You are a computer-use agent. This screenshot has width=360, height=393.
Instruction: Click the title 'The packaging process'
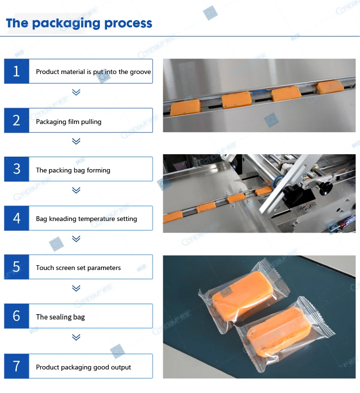[x=79, y=24]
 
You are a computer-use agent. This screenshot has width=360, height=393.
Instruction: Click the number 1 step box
[x=17, y=72]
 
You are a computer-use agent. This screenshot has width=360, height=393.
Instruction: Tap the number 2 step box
[x=17, y=121]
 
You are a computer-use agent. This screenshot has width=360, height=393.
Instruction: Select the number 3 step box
[x=17, y=169]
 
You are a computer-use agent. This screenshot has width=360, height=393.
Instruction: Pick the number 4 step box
[x=17, y=218]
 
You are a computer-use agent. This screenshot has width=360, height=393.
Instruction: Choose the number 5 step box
[x=17, y=267]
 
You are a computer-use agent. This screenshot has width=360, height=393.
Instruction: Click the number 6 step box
[x=17, y=316]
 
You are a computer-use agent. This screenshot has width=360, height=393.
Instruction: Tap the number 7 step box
[x=17, y=366]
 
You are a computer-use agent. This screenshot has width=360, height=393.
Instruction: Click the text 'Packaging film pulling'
[x=69, y=122]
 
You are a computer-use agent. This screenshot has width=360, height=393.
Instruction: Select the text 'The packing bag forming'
[x=73, y=171]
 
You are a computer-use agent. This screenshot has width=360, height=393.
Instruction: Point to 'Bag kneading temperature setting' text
[x=86, y=219]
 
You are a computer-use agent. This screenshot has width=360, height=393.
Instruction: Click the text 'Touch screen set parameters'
[x=78, y=268]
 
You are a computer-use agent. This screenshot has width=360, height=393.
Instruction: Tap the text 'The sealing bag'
[x=60, y=317]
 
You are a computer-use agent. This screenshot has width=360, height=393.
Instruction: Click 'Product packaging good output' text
[x=84, y=368]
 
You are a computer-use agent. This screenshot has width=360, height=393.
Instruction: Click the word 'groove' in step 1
[x=140, y=72]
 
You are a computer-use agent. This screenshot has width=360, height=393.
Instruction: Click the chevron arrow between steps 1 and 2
[x=76, y=92]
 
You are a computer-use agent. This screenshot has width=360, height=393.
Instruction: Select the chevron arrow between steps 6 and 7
[x=76, y=337]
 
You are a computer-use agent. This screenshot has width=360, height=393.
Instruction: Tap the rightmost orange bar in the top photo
[x=330, y=86]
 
